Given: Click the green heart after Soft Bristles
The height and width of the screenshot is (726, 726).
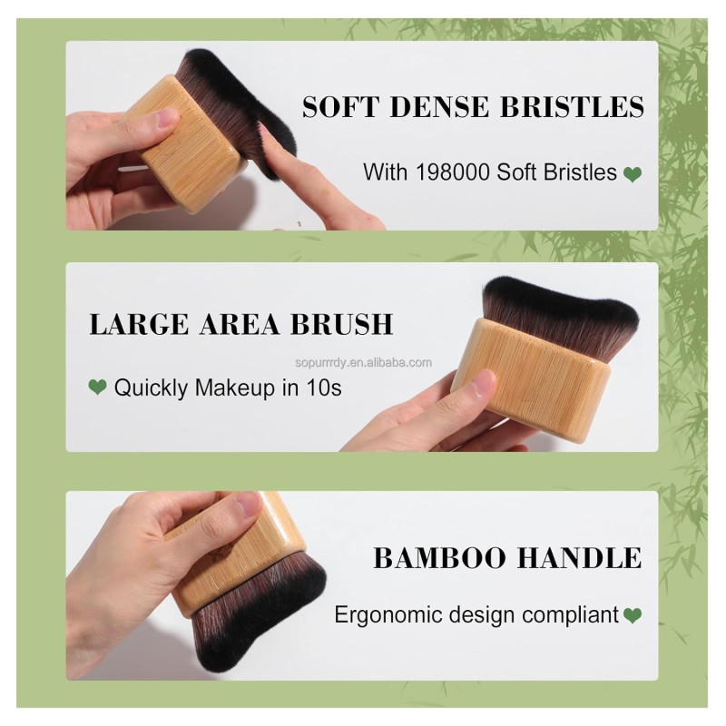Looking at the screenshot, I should [x=633, y=172].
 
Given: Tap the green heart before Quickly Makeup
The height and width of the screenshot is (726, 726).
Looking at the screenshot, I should [x=97, y=388].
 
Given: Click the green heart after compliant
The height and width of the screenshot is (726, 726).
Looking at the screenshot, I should [x=633, y=615].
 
